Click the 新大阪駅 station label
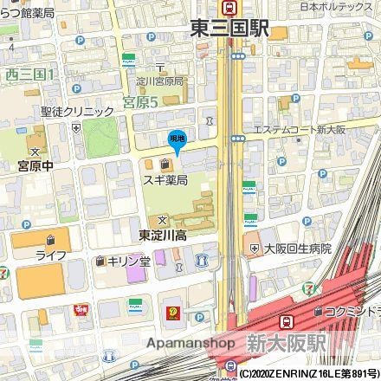(x=286, y=342)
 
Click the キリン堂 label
(x=128, y=260)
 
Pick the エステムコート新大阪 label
(x=298, y=130)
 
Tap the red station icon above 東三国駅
(x=229, y=8)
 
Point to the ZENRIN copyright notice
(x=307, y=374)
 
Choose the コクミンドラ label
(x=352, y=310)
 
